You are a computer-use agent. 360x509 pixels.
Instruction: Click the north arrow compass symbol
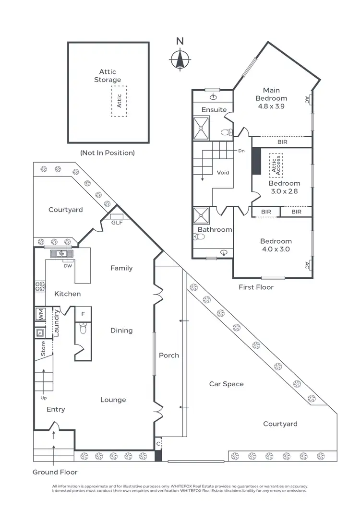(180, 59)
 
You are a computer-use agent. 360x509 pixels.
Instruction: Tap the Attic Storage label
(108, 76)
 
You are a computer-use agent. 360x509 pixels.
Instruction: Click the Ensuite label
(214, 110)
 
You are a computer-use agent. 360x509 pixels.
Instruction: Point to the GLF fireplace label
(117, 223)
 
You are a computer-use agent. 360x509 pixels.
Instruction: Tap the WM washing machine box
(40, 315)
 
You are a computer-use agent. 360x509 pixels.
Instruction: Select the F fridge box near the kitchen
(83, 314)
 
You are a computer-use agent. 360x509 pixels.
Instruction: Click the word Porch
(169, 355)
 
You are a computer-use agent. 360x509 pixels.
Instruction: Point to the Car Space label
(226, 384)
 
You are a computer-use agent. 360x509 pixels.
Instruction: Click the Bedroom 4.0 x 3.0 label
(276, 245)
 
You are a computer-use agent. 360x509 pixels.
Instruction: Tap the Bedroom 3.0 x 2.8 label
(284, 187)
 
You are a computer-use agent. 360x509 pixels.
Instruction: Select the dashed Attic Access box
(276, 166)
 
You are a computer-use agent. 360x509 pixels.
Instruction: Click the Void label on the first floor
(223, 173)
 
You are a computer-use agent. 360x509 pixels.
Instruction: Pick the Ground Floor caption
(55, 472)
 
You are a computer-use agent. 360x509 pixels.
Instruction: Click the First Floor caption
(256, 287)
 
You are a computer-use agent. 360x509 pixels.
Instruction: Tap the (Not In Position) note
(107, 153)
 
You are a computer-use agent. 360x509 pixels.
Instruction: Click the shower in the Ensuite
(202, 127)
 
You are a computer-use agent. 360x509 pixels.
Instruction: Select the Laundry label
(56, 323)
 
